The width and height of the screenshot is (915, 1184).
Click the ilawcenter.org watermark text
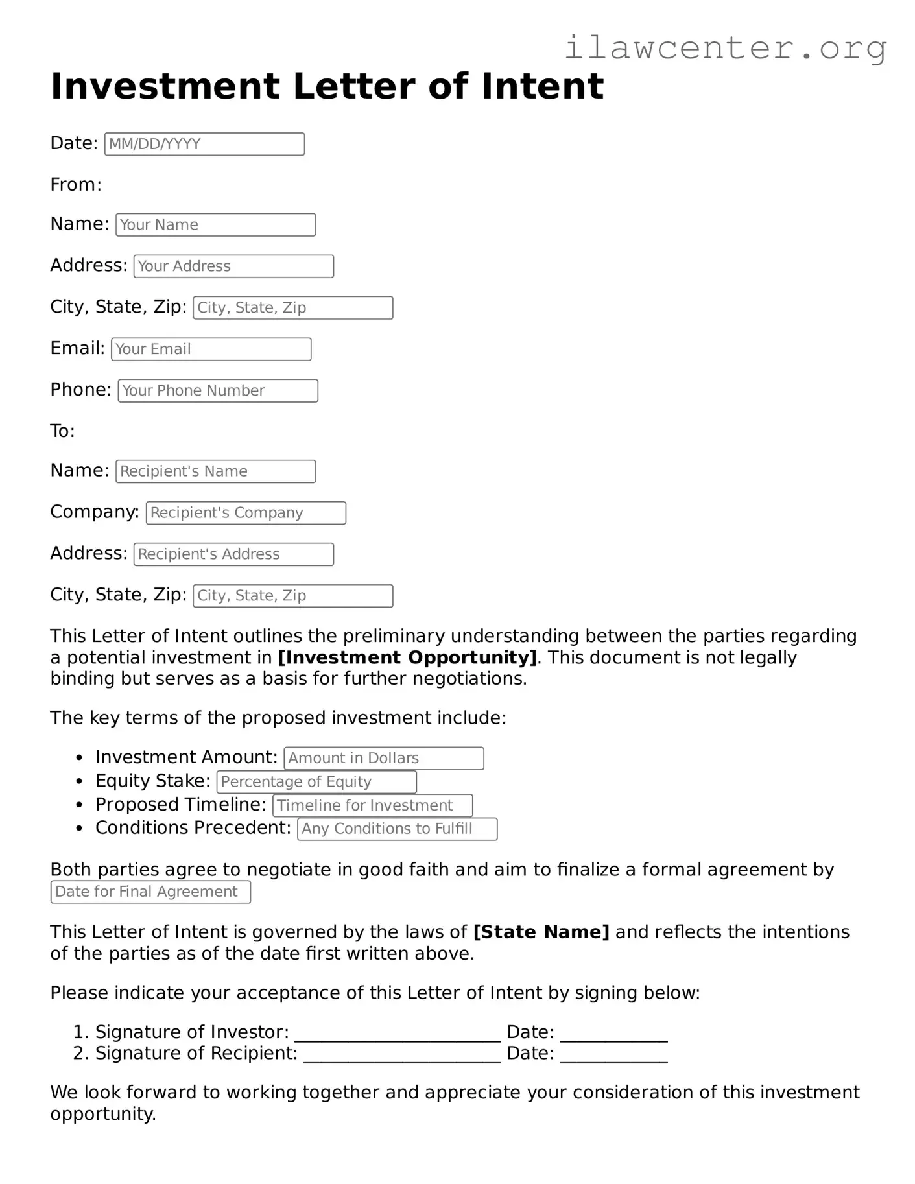tap(725, 49)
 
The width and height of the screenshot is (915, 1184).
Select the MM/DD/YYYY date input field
tap(204, 144)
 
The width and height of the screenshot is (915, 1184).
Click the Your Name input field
tap(215, 225)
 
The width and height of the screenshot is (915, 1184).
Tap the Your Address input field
tap(233, 266)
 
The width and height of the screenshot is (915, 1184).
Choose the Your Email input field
tap(211, 349)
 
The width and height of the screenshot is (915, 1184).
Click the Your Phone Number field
tap(218, 391)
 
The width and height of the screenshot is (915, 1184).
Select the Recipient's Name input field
tap(215, 471)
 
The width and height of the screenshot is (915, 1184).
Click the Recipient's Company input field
tap(246, 513)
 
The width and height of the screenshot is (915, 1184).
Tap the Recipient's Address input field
tap(233, 554)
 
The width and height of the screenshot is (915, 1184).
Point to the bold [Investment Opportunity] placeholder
tap(407, 657)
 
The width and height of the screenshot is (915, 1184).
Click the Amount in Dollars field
tap(384, 758)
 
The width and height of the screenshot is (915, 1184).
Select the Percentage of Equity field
tap(316, 782)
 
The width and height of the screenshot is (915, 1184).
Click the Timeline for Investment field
tap(372, 805)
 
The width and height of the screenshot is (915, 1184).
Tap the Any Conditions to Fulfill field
tap(397, 829)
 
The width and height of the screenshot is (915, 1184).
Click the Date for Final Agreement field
tap(150, 892)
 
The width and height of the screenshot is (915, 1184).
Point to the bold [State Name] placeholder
tap(541, 932)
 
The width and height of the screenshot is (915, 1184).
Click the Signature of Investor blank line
tap(397, 1032)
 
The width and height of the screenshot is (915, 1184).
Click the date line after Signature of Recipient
tap(613, 1054)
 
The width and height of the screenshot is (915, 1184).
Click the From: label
tap(76, 185)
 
